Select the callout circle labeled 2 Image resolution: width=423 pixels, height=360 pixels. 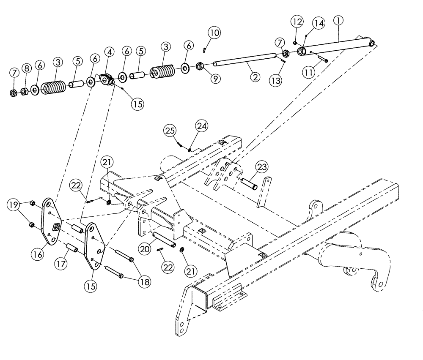click(255, 77)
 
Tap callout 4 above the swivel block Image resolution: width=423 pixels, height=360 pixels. click(110, 52)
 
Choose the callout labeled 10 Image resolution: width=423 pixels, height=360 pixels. click(214, 32)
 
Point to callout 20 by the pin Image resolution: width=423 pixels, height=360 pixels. click(145, 250)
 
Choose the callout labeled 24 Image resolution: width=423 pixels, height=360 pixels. click(201, 125)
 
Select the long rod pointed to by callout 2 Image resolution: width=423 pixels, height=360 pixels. click(245, 63)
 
